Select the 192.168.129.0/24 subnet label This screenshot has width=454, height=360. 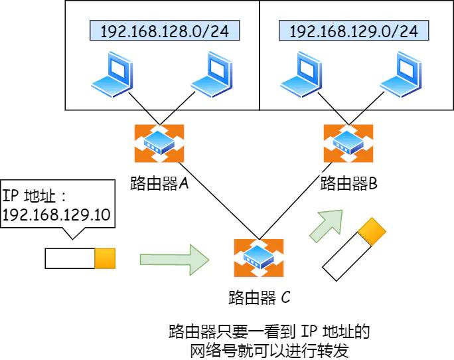(353, 31)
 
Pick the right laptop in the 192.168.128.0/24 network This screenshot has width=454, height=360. (210, 75)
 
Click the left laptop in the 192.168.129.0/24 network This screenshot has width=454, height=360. (300, 75)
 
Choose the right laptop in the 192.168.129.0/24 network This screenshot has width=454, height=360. (400, 75)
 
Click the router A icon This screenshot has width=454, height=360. (159, 142)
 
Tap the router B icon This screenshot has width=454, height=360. (343, 142)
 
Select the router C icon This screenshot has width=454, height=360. (258, 256)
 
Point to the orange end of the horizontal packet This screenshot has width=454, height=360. (105, 258)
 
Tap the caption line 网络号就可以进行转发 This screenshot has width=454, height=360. (269, 349)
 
